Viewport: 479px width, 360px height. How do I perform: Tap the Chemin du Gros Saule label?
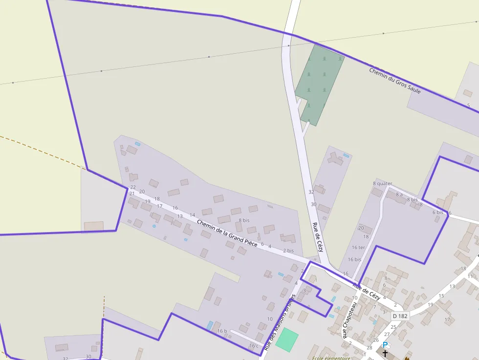(395, 81)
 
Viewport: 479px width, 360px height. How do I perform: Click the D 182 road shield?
(400, 316)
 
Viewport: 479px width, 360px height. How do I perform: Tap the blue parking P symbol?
(385, 345)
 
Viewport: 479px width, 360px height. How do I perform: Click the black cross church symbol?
(385, 353)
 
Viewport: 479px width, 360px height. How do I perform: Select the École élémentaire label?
(331, 358)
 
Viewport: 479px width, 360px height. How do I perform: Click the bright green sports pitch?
(287, 339)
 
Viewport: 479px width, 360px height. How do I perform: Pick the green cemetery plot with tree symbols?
(320, 83)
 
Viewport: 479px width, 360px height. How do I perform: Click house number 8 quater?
(383, 184)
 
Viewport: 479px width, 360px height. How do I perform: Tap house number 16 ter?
(358, 248)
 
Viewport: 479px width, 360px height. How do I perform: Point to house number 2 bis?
(288, 251)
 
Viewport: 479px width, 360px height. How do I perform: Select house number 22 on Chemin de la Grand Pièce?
(132, 187)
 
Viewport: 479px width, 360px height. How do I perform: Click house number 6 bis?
(437, 212)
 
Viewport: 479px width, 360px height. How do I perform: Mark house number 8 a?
(399, 195)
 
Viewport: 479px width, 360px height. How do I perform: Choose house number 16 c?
(254, 346)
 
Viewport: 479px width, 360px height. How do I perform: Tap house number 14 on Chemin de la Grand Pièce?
(192, 215)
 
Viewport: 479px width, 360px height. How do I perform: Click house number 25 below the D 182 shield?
(393, 327)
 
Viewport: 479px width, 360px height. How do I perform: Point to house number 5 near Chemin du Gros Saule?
(468, 106)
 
